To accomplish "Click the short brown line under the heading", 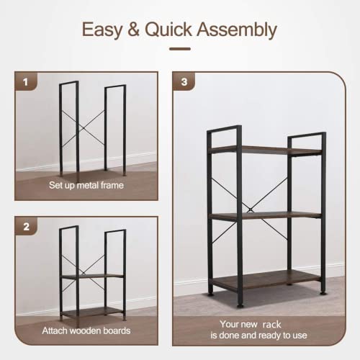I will [179, 49].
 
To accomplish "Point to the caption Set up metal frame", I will [86, 185].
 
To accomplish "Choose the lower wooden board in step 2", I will [93, 310].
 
